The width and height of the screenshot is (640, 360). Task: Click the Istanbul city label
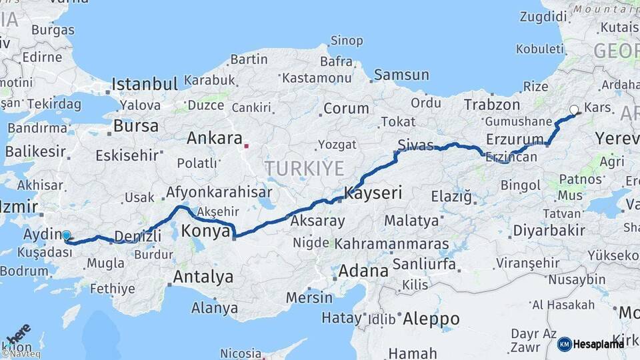tap(145, 84)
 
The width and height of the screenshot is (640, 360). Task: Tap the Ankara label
tap(214, 138)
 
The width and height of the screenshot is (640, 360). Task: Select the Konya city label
tap(206, 231)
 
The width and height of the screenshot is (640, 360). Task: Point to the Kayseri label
tap(373, 193)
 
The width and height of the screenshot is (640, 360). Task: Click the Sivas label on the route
tap(415, 145)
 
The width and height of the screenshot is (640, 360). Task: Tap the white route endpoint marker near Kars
tap(574, 110)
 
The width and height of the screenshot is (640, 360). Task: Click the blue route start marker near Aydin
tap(66, 235)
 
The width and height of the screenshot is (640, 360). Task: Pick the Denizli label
tap(138, 236)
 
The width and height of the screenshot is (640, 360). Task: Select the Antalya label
tap(203, 276)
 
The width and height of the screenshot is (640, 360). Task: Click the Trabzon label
tap(492, 105)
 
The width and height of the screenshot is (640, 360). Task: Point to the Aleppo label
tap(431, 319)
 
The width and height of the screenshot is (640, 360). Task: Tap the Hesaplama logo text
tap(599, 344)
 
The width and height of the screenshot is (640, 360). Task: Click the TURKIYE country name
tap(304, 168)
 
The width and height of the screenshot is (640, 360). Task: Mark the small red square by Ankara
tap(246, 145)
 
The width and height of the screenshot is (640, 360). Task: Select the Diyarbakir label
tap(549, 231)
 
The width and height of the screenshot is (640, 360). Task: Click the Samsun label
tap(401, 75)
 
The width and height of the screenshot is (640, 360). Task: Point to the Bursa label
tap(136, 125)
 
